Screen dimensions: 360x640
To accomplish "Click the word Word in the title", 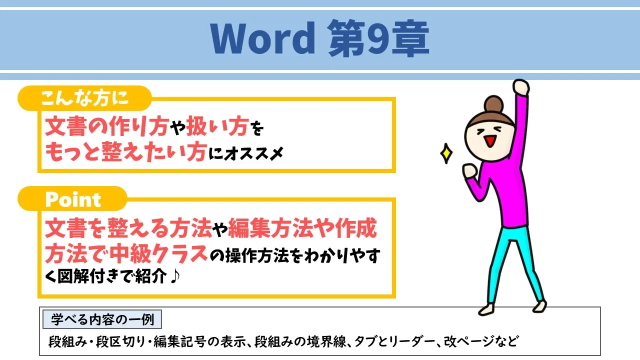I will click(262, 39).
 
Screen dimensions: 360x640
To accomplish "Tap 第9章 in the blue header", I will click(378, 39).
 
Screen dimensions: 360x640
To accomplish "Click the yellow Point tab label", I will click(73, 199).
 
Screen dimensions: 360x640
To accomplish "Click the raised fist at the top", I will click(520, 88).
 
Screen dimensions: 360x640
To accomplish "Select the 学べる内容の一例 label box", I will click(102, 318).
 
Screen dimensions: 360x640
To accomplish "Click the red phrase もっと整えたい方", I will click(125, 153).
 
